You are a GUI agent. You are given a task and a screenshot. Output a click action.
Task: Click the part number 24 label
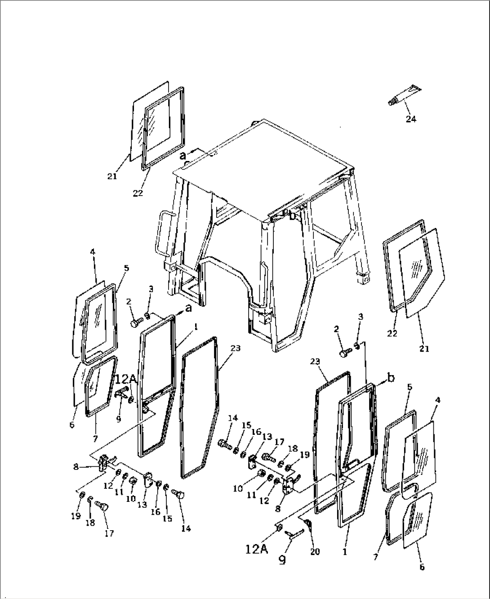click(x=411, y=119)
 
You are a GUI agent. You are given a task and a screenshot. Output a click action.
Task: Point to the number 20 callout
click(x=315, y=551)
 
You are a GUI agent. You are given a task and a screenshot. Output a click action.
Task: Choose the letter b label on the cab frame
click(x=293, y=215)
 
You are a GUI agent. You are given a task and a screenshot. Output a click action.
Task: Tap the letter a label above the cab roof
click(x=182, y=156)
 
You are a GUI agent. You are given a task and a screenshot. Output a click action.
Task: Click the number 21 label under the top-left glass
click(x=112, y=176)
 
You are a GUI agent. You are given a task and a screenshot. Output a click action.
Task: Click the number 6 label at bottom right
click(x=421, y=567)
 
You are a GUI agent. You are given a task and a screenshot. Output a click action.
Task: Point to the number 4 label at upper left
click(x=92, y=252)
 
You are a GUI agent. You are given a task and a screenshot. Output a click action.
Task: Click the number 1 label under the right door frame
click(x=345, y=552)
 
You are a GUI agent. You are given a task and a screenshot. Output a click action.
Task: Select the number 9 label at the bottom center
click(x=282, y=561)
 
